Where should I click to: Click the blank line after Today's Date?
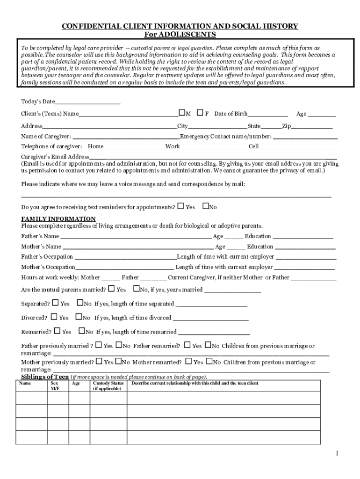click(x=87, y=102)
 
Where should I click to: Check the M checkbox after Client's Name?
click(x=181, y=113)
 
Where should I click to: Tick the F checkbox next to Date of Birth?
click(x=200, y=113)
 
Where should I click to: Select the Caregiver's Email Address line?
click(x=213, y=158)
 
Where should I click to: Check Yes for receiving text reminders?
click(x=180, y=206)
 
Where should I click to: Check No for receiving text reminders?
click(x=205, y=206)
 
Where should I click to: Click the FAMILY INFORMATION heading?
click(x=58, y=219)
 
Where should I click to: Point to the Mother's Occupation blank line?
click(x=124, y=268)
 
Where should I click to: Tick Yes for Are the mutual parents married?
click(x=112, y=289)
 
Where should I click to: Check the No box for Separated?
click(x=79, y=303)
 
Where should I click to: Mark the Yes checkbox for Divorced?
click(x=55, y=317)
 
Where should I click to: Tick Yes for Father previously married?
click(x=99, y=346)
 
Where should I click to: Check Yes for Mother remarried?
click(x=188, y=362)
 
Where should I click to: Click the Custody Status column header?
click(x=108, y=386)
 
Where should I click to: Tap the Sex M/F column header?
click(x=55, y=386)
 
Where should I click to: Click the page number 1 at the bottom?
click(x=336, y=453)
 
